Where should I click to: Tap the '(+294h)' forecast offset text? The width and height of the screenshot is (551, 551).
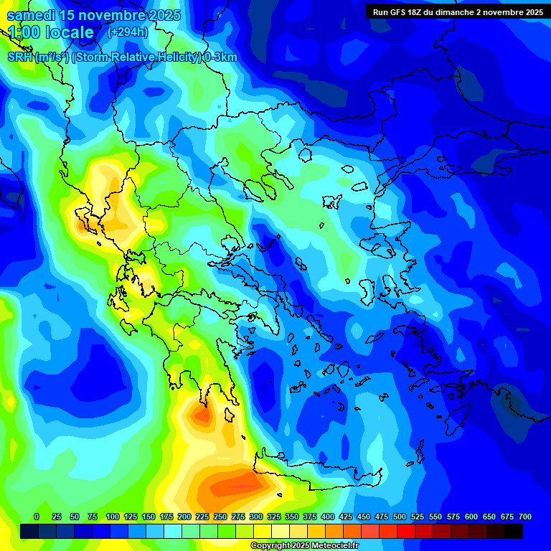tap(128, 32)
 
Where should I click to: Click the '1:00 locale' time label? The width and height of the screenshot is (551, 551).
tap(51, 32)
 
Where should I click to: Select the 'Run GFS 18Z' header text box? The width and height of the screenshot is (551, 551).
tap(457, 11)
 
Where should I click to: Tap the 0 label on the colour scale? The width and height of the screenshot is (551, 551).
tap(37, 517)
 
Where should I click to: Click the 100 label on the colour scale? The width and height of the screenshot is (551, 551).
tap(113, 517)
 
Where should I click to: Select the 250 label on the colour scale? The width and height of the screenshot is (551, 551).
tap(220, 517)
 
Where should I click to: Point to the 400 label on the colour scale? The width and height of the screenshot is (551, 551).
tap(328, 517)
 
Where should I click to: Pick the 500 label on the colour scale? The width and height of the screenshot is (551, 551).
tap(400, 517)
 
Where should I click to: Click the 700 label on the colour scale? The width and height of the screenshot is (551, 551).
tap(525, 517)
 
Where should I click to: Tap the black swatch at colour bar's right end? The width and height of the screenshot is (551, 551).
tap(514, 531)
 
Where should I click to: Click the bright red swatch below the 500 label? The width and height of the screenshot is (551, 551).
tap(406, 531)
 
